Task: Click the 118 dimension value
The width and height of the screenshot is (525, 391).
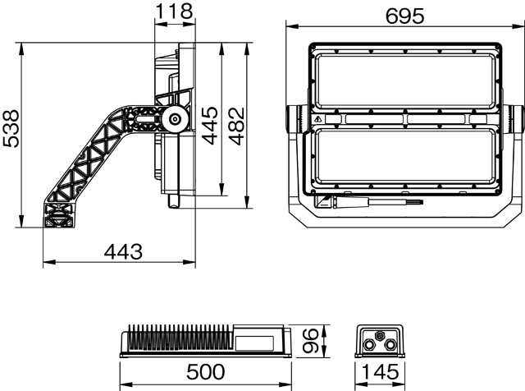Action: pyautogui.click(x=175, y=11)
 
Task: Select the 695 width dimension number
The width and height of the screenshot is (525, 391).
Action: pyautogui.click(x=404, y=16)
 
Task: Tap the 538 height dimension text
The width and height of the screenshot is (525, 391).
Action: pyautogui.click(x=11, y=128)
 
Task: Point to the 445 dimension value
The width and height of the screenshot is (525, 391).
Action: pyautogui.click(x=210, y=126)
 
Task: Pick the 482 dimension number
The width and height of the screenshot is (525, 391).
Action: pyautogui.click(x=237, y=126)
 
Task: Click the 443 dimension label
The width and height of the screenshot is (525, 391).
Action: pyautogui.click(x=123, y=251)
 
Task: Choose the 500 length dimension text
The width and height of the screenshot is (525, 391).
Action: pyautogui.click(x=206, y=371)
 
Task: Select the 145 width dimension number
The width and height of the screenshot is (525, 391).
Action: pyautogui.click(x=381, y=371)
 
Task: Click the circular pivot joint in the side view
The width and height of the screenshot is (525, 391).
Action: pyautogui.click(x=174, y=119)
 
